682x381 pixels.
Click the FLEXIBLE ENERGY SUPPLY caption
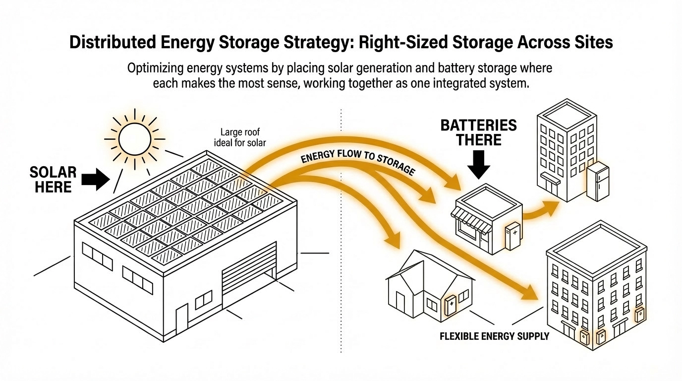494,336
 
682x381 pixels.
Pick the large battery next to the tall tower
598,182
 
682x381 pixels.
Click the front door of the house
400,304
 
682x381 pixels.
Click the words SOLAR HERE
53,180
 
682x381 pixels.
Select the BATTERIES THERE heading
478,132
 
